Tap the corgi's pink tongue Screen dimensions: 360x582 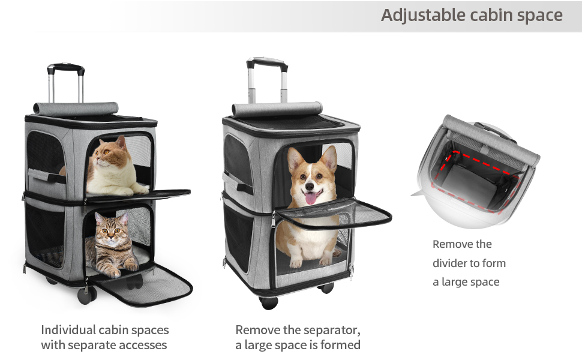310,197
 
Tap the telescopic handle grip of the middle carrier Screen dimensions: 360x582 266,62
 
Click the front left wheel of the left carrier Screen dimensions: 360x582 87,295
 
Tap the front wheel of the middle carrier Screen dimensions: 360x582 269,302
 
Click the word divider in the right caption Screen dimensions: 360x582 449,263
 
